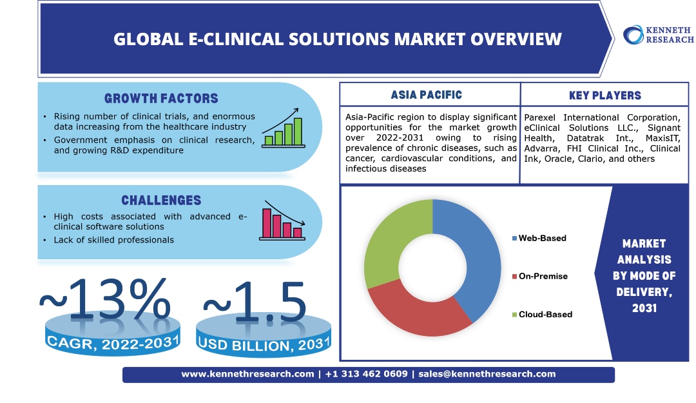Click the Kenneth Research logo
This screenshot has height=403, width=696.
pyautogui.click(x=658, y=35)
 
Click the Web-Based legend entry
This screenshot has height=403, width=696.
pyautogui.click(x=539, y=238)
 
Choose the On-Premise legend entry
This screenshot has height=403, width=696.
pyautogui.click(x=540, y=277)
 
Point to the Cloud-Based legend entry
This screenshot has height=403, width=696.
pyautogui.click(x=542, y=315)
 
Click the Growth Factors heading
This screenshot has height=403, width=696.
pyautogui.click(x=161, y=98)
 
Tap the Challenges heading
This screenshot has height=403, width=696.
pyautogui.click(x=161, y=201)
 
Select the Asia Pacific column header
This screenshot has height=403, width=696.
pyautogui.click(x=427, y=95)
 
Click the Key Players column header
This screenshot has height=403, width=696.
pyautogui.click(x=605, y=95)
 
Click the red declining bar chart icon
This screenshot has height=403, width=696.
pyautogui.click(x=282, y=221)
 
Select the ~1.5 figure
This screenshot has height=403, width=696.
pyautogui.click(x=255, y=302)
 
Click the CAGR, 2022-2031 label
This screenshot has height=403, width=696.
pyautogui.click(x=113, y=342)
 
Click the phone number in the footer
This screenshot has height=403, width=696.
pyautogui.click(x=366, y=374)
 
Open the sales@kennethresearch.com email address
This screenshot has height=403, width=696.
pyautogui.click(x=487, y=374)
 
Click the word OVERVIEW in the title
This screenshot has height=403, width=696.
pyautogui.click(x=516, y=39)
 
